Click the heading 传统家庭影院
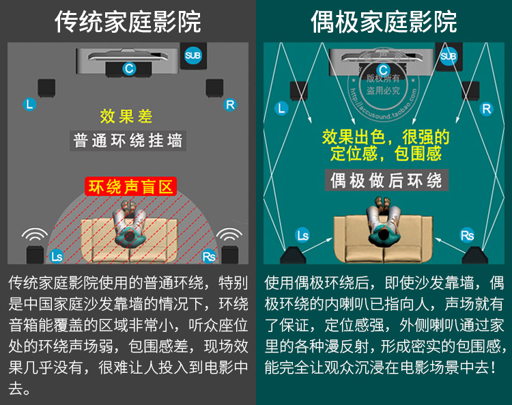click(128, 22)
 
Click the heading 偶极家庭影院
click(384, 22)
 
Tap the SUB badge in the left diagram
click(193, 55)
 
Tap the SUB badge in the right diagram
click(449, 56)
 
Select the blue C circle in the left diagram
click(128, 68)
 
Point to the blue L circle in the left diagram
click(29, 104)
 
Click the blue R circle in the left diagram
click(229, 104)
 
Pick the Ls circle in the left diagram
click(57, 257)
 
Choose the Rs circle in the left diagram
click(209, 257)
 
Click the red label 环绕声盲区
click(130, 186)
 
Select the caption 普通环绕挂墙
click(128, 141)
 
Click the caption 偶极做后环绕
click(386, 181)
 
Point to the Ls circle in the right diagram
click(302, 236)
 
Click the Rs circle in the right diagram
click(468, 236)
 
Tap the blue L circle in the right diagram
click(282, 108)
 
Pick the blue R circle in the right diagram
click(486, 109)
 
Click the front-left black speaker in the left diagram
click(46, 88)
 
